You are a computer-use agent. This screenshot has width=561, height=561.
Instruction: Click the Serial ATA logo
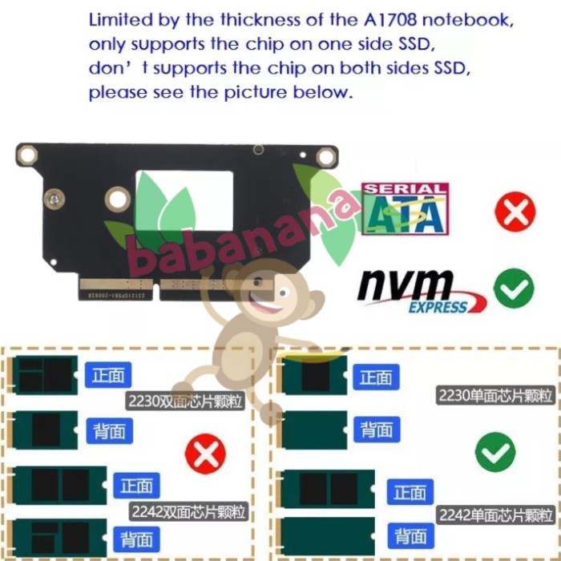coord(405,208)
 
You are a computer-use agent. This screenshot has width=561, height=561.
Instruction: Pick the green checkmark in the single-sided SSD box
coord(495,453)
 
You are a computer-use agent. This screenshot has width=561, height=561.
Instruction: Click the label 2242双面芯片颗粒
coord(189,511)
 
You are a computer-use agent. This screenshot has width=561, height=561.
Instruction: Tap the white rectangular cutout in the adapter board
coord(184,198)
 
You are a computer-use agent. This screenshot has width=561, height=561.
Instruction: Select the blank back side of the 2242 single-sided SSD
coord(328,534)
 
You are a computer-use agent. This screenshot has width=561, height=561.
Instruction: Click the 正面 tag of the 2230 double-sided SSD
coord(108,375)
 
